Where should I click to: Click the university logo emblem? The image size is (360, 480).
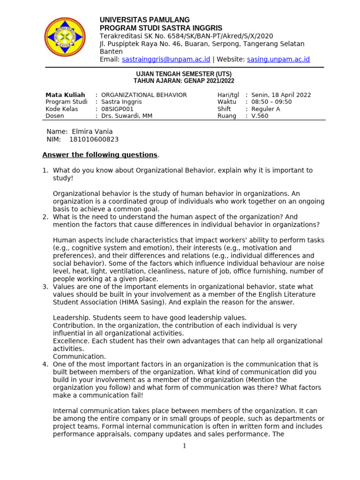[x=65, y=37]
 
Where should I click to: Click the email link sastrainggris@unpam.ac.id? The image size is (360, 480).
[x=166, y=60]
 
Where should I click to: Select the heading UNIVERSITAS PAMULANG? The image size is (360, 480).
[x=145, y=20]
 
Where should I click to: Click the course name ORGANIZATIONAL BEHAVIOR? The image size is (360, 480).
[x=144, y=95]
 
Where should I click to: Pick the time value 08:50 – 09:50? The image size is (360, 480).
[x=271, y=102]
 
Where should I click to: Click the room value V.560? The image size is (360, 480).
[x=260, y=116]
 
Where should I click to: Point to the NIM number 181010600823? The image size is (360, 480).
[x=94, y=139]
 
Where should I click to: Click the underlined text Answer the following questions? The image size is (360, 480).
[x=100, y=155]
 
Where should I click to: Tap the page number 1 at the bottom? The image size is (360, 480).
[x=185, y=446]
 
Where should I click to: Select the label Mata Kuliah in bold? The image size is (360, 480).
[x=65, y=95]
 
